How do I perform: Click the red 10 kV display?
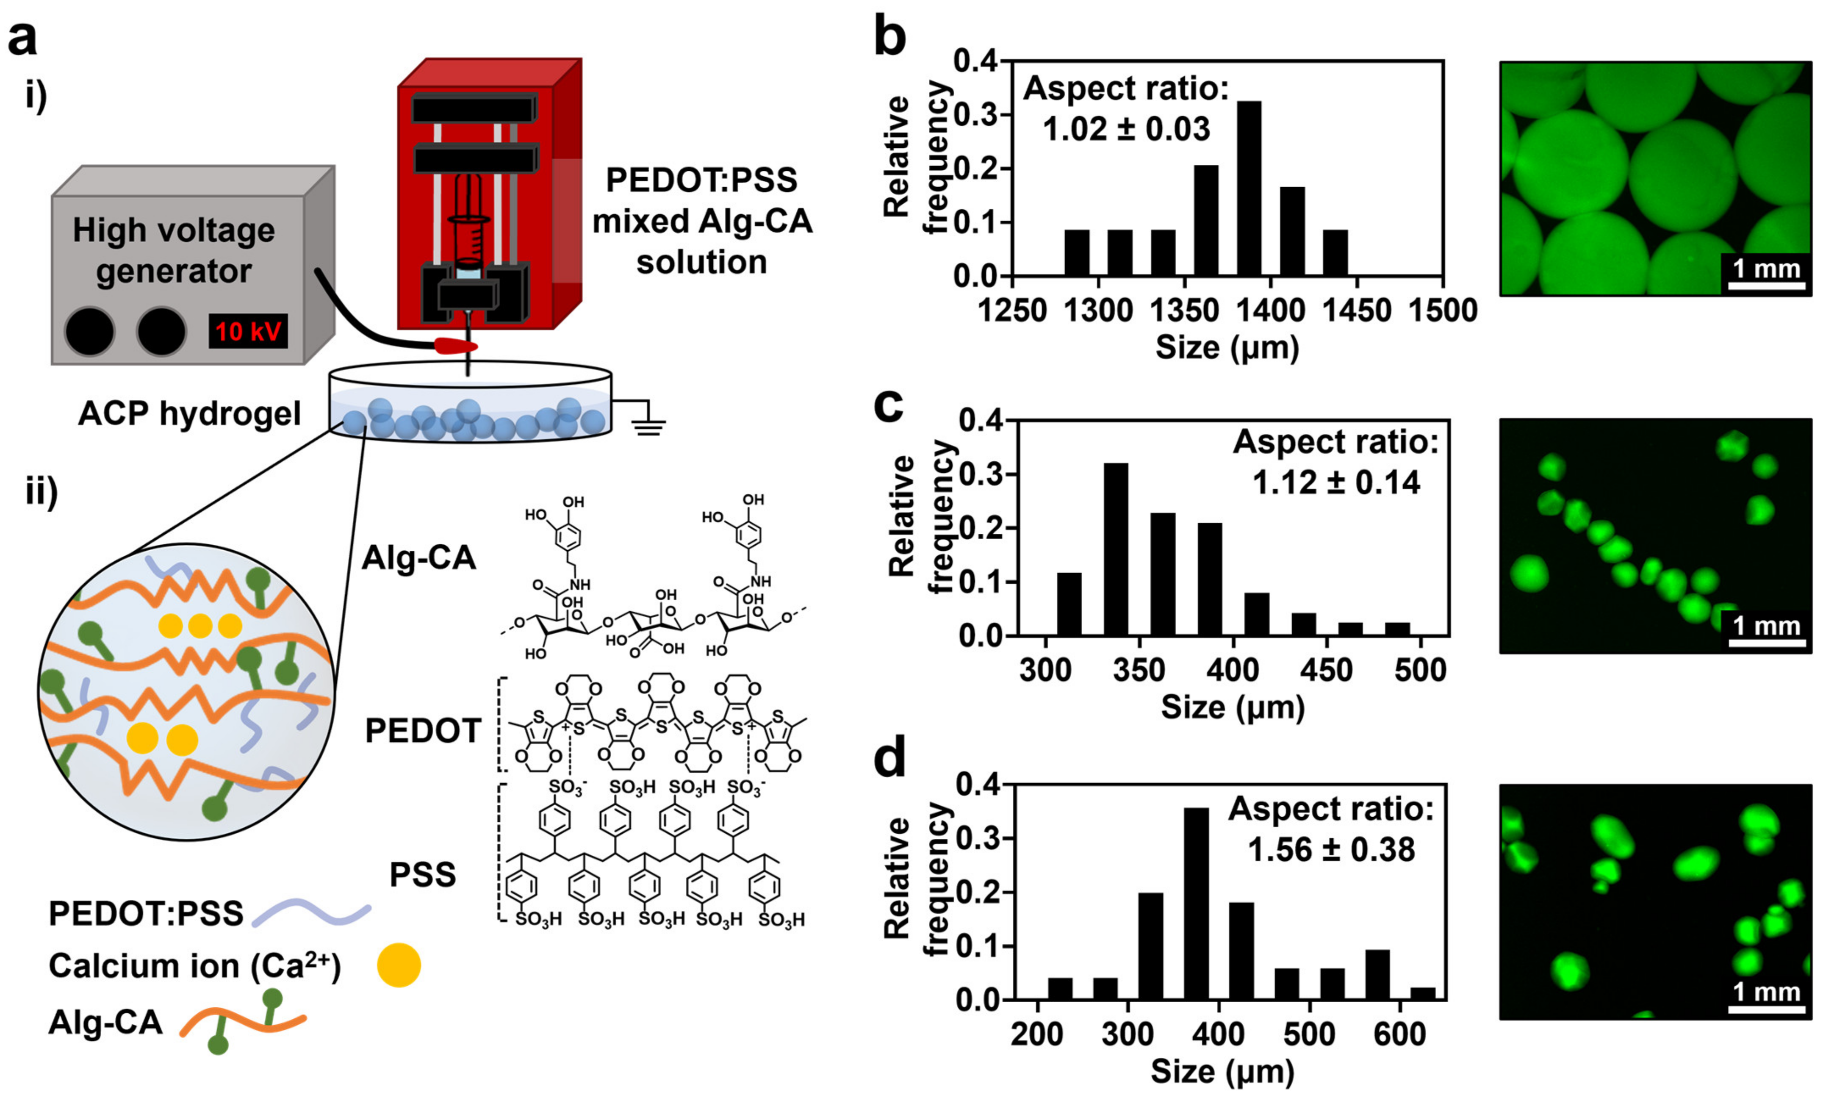click(248, 331)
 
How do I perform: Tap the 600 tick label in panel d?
click(1399, 1034)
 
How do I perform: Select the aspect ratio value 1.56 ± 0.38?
click(1331, 849)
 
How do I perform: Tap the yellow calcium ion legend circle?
click(399, 965)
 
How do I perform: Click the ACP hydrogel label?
click(189, 413)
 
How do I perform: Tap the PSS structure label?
click(422, 875)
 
